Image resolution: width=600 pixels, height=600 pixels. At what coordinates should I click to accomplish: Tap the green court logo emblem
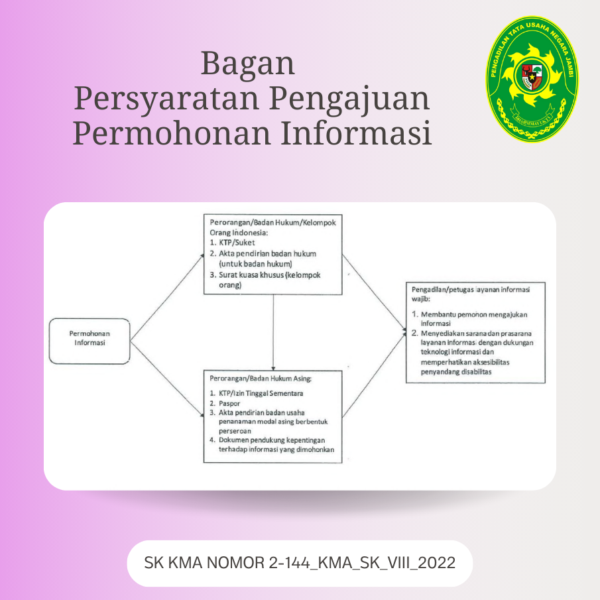pyautogui.click(x=532, y=79)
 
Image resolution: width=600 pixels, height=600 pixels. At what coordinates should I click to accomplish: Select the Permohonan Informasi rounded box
pyautogui.click(x=90, y=341)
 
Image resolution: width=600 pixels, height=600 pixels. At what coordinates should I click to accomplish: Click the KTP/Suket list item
pyautogui.click(x=237, y=243)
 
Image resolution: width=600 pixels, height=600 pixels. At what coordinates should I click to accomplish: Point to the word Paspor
pyautogui.click(x=229, y=403)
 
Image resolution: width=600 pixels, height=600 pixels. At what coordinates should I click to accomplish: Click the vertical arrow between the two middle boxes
pyautogui.click(x=273, y=332)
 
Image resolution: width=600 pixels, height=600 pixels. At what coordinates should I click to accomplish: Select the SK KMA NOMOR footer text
pyautogui.click(x=300, y=563)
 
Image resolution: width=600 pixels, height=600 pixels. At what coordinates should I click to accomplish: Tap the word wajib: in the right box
pyautogui.click(x=421, y=299)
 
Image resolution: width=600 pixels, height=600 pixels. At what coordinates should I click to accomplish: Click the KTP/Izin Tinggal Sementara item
pyautogui.click(x=261, y=393)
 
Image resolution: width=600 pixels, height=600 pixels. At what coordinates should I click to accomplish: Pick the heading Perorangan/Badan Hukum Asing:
pyautogui.click(x=261, y=379)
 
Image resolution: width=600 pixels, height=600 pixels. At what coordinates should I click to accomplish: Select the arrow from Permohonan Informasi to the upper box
pyautogui.click(x=167, y=297)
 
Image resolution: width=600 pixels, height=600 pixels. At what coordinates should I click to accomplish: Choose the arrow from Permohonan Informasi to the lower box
pyautogui.click(x=167, y=379)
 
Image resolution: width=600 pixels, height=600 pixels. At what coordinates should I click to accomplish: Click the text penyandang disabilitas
pyautogui.click(x=456, y=372)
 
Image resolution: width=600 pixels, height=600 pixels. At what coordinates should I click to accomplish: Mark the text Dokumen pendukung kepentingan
pyautogui.click(x=272, y=440)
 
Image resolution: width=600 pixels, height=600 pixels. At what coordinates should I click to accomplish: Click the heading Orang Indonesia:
pyautogui.click(x=239, y=233)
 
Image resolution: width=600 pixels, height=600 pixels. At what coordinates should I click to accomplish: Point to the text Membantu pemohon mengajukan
pyautogui.click(x=474, y=314)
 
